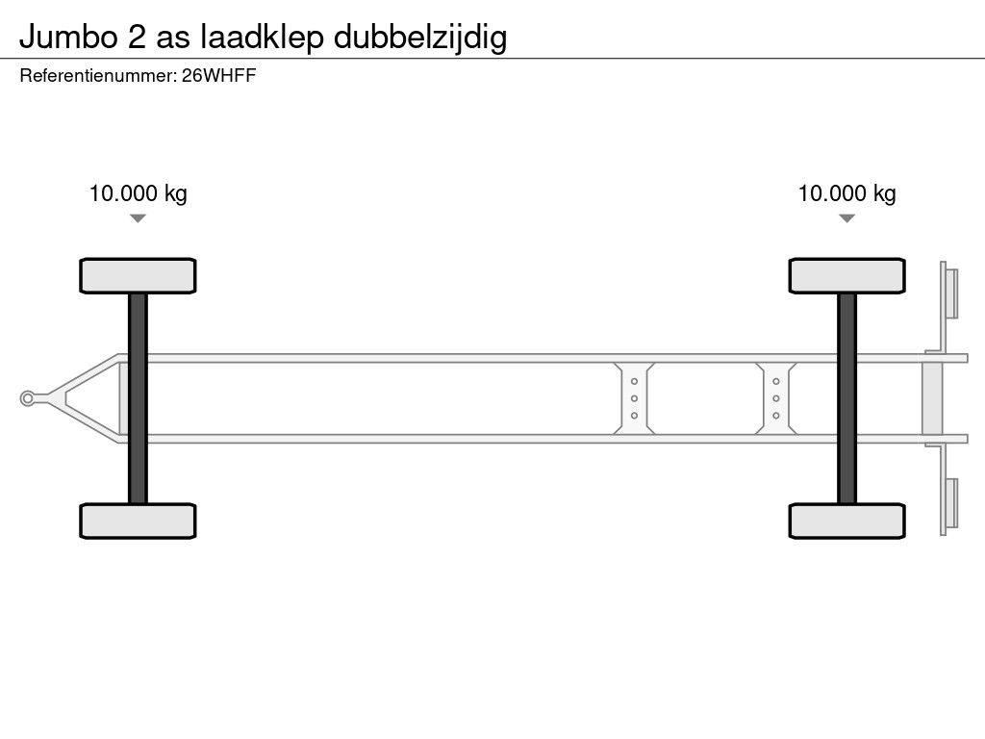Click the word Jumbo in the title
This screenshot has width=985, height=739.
pyautogui.click(x=68, y=37)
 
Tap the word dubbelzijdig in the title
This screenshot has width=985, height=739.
pyautogui.click(x=420, y=38)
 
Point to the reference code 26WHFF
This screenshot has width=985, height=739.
pyautogui.click(x=218, y=76)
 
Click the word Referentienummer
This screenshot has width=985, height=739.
pyautogui.click(x=97, y=76)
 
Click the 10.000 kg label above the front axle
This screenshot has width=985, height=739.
pyautogui.click(x=139, y=193)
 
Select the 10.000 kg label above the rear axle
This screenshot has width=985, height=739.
pyautogui.click(x=846, y=193)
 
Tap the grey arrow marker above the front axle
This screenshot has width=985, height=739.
pyautogui.click(x=138, y=218)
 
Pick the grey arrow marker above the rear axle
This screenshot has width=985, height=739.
pyautogui.click(x=846, y=218)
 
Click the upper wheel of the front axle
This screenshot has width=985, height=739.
pyautogui.click(x=138, y=276)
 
